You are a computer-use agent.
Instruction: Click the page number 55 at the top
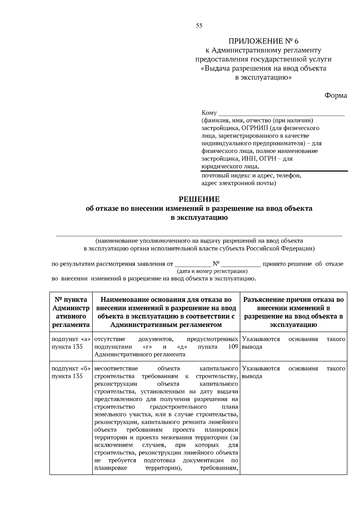[199, 26]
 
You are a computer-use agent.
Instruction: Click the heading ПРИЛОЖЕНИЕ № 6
[263, 41]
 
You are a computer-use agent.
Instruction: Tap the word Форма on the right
[335, 96]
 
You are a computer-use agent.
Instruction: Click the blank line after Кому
[282, 114]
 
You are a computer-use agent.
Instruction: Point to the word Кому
[209, 113]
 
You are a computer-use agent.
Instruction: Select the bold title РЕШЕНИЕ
[199, 199]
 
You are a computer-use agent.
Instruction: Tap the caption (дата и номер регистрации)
[212, 271]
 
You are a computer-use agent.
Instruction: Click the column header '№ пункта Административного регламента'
[71, 312]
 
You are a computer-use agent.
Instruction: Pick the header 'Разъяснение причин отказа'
[293, 312]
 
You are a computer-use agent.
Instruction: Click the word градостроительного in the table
[178, 407]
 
